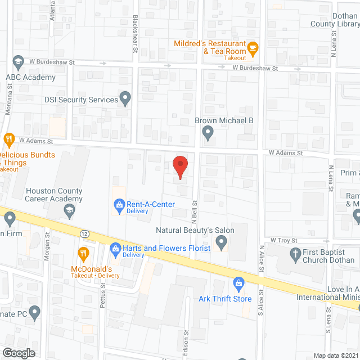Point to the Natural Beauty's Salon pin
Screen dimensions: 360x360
221,243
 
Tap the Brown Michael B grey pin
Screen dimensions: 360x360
208,133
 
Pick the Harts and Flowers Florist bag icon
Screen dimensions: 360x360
115,248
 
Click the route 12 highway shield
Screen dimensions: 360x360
84,233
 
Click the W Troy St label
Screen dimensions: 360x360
283,240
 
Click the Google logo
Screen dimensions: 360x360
19,353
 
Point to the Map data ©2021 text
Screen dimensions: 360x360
335,355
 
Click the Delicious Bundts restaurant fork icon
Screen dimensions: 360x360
8,138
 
